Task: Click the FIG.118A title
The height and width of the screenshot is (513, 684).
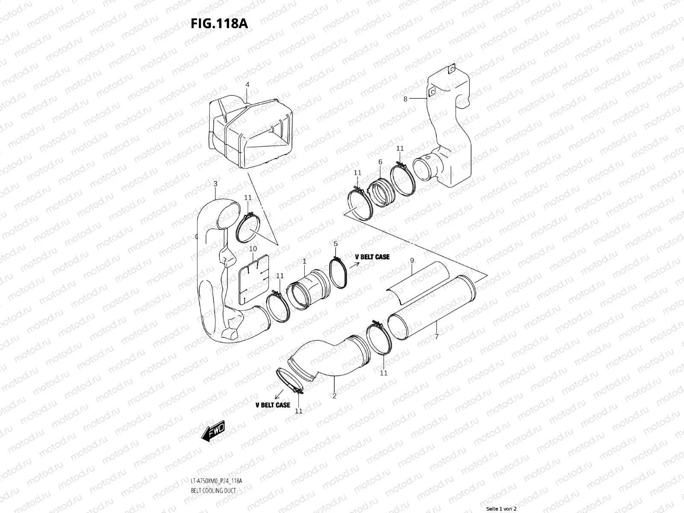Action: [219, 23]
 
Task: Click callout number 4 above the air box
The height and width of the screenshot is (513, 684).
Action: [247, 85]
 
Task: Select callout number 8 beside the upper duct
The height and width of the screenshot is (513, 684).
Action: [406, 99]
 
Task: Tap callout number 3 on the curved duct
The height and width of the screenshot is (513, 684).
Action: [215, 184]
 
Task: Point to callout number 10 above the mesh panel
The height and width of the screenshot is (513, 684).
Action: [253, 248]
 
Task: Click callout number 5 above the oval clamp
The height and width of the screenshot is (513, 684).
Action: [336, 243]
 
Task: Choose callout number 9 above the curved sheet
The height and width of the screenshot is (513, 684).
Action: [412, 260]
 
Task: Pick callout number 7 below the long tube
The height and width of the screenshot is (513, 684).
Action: [436, 336]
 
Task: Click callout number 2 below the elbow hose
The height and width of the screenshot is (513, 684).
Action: [334, 396]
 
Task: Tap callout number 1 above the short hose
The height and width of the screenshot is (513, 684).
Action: [304, 260]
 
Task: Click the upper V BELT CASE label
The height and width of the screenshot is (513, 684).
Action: [372, 257]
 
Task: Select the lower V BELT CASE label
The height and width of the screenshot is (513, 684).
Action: [273, 405]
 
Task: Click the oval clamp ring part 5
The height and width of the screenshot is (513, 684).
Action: [339, 273]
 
